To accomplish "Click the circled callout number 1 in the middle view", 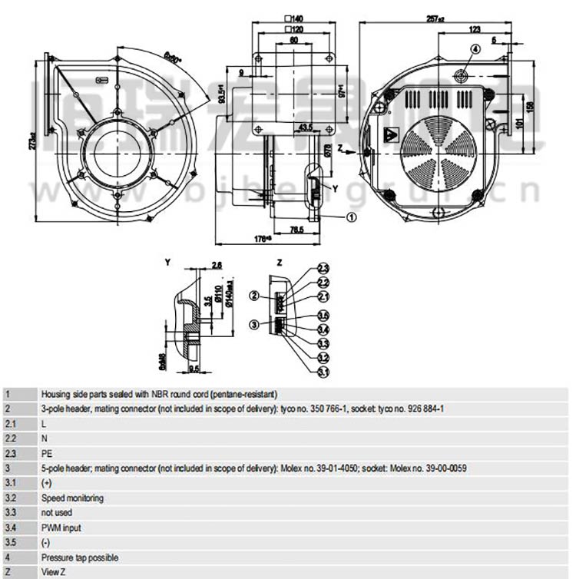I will [352, 217].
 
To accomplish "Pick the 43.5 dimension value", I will [305, 127].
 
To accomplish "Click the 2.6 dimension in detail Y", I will [217, 265].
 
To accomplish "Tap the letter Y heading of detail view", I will [167, 263].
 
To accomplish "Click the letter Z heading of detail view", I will [280, 263].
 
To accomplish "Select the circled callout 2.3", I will [323, 268].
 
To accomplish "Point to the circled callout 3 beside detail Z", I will [253, 325].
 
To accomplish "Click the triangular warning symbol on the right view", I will [390, 133].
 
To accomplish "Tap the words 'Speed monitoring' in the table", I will [72, 498].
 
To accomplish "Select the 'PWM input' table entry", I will [61, 528].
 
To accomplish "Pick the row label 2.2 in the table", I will [10, 438].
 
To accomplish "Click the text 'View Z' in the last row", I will [54, 573].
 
